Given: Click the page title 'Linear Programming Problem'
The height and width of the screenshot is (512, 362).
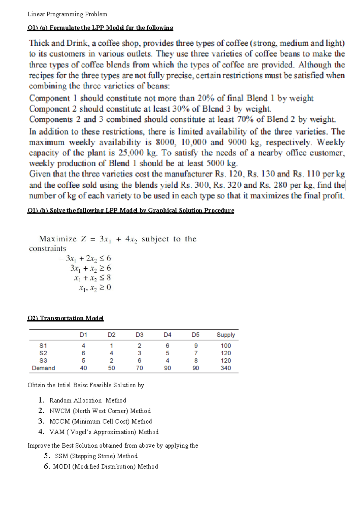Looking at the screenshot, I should [x=67, y=14].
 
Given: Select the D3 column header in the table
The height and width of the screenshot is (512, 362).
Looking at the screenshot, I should [x=139, y=335].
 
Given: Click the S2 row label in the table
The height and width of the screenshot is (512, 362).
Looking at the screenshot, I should [x=43, y=353].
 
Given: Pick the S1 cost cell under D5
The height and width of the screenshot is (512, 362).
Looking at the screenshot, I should [x=196, y=346].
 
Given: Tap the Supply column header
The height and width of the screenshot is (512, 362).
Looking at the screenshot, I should [x=226, y=335].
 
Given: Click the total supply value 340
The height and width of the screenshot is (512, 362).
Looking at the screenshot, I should [x=226, y=368].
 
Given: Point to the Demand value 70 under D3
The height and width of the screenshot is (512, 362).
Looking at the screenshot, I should [x=139, y=368].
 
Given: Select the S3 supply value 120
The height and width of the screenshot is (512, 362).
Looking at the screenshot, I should [x=226, y=360].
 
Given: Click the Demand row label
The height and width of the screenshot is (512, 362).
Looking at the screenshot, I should [x=43, y=368].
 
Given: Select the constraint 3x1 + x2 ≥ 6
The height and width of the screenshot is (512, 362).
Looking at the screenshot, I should [x=91, y=268].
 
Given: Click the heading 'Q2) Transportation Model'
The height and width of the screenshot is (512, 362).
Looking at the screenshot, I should [x=65, y=318].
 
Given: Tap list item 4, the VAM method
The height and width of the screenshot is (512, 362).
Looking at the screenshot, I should [x=104, y=432].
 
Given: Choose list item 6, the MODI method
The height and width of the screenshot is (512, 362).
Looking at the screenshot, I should [x=105, y=466].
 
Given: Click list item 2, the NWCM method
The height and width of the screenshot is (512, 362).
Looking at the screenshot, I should [x=100, y=411].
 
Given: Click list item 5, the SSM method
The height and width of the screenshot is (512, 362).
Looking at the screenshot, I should [x=96, y=456].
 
